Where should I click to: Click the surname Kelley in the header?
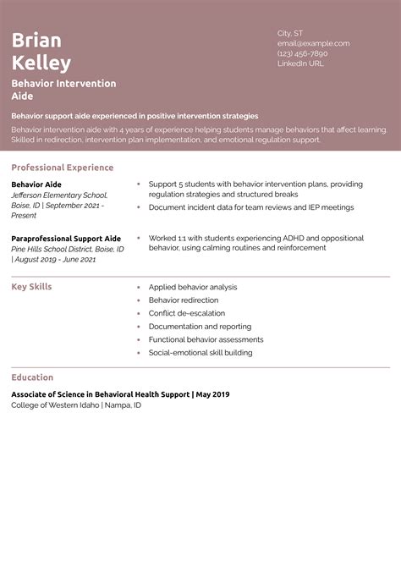(x=41, y=63)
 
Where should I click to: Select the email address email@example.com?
(x=313, y=43)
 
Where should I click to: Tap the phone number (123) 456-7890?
(x=302, y=53)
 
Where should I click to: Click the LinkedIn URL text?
(x=300, y=63)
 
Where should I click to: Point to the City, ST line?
(x=290, y=33)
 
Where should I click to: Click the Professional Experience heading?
(x=63, y=168)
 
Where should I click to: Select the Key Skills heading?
(x=31, y=287)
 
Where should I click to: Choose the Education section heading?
(x=32, y=377)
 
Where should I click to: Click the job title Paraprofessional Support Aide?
(x=66, y=239)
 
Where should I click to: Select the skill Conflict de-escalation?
(x=186, y=313)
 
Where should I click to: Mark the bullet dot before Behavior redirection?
(x=138, y=300)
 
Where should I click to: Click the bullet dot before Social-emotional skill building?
(x=138, y=353)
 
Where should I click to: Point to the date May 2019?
(x=213, y=394)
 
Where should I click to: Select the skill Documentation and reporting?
(x=200, y=327)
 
